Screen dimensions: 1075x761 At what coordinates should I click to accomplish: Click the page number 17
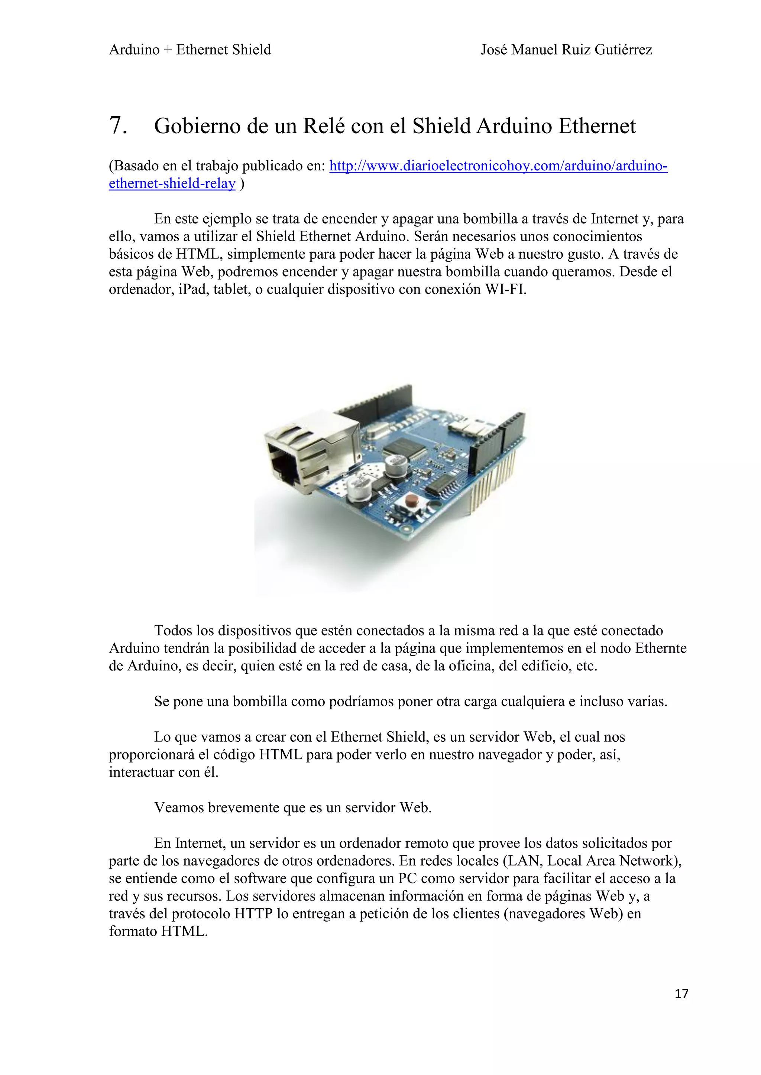click(x=681, y=1007)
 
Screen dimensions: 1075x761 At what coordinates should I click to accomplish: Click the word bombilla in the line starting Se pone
click(x=259, y=702)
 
